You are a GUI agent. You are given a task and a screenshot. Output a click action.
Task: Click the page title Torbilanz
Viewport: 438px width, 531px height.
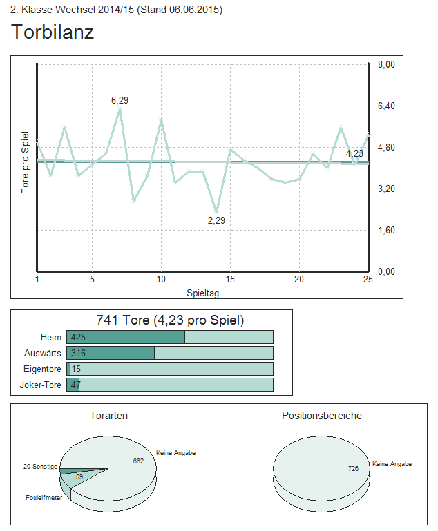click(53, 32)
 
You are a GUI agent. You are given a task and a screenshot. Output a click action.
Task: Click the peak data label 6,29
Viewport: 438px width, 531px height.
click(120, 101)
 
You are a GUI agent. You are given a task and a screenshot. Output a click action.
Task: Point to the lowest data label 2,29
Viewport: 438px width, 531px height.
click(216, 220)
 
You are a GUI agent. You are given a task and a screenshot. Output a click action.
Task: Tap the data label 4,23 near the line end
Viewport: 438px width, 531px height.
click(354, 153)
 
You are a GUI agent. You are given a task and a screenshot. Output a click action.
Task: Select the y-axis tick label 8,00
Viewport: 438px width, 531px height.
click(385, 64)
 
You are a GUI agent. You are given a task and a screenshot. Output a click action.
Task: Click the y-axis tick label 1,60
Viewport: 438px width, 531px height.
click(385, 230)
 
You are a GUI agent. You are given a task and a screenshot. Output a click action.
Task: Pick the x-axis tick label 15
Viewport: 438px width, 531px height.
click(230, 279)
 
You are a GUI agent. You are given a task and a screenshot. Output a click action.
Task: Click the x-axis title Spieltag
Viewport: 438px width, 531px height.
click(203, 293)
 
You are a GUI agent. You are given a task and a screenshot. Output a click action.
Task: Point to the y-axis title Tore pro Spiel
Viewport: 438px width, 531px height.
click(26, 162)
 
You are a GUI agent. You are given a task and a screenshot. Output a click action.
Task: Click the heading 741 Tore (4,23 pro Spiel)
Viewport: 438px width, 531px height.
click(169, 320)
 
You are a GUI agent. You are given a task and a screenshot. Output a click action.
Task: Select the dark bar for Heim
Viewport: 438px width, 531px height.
click(126, 337)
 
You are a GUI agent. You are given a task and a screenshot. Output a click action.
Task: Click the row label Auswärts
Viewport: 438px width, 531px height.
click(43, 353)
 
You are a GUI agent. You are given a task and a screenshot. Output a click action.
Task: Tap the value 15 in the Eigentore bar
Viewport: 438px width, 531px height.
click(76, 369)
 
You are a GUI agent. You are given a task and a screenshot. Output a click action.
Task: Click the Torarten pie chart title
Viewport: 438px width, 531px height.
click(108, 416)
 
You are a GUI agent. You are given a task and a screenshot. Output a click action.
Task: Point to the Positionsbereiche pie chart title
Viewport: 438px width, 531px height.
click(321, 416)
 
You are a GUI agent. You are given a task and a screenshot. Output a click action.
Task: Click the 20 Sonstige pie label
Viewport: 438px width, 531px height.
click(40, 467)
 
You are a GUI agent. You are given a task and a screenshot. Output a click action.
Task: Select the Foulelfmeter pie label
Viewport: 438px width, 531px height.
click(44, 497)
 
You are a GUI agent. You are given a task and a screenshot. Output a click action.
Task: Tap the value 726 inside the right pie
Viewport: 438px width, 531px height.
click(353, 469)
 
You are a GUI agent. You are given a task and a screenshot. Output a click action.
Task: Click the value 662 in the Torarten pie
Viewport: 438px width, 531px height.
click(138, 461)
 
